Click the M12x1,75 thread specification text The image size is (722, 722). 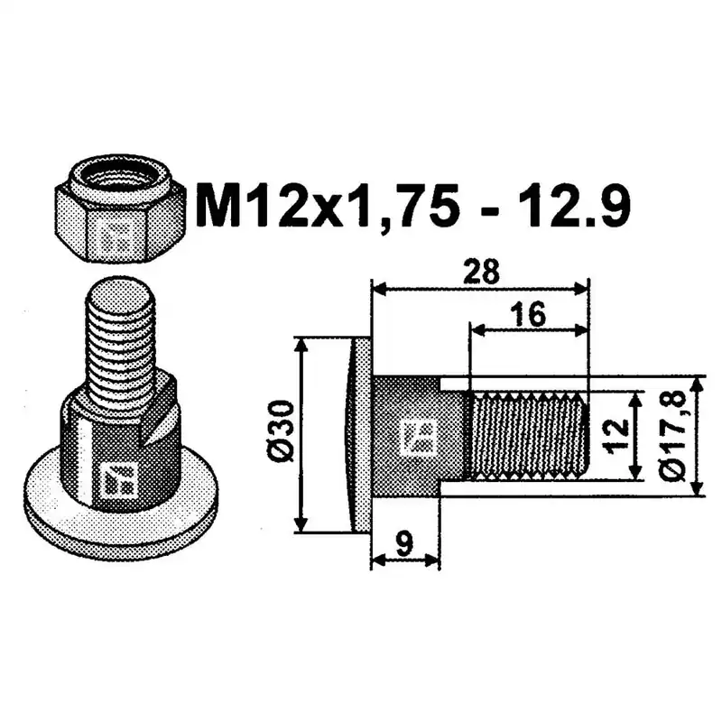328,206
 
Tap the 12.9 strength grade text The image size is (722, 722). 579,206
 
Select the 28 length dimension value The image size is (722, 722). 482,272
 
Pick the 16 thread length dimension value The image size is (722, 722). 530,315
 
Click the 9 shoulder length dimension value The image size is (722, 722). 404,544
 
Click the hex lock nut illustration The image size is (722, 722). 120,208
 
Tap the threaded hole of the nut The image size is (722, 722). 120,175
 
